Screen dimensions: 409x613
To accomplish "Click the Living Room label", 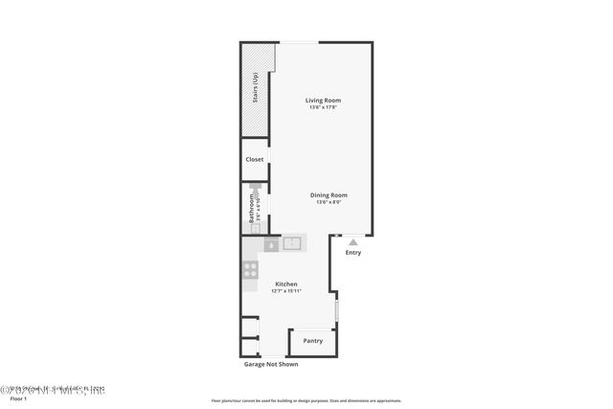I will tap(323, 100).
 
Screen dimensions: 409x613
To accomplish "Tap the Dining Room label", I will tap(329, 194).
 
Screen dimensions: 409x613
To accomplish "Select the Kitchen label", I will tap(286, 284).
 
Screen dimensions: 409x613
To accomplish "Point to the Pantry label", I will tap(312, 340).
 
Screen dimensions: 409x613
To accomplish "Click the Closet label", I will tap(255, 159).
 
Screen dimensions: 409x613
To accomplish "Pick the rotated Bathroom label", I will tap(252, 208).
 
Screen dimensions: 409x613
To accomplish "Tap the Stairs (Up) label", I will tap(255, 87).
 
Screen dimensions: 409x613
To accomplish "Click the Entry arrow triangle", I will tap(353, 241).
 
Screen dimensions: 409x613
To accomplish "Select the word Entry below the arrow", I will tap(353, 253).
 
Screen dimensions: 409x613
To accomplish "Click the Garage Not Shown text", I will tap(270, 365).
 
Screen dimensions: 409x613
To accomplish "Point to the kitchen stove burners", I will tap(251, 269).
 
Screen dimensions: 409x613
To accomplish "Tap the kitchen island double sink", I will tap(292, 244).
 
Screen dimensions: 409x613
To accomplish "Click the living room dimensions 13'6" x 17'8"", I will tap(323, 107).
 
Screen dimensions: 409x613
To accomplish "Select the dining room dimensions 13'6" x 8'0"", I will tap(329, 202).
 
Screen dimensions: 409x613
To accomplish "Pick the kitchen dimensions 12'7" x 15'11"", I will tap(286, 291).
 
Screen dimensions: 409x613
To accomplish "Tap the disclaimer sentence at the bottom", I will tap(306, 400).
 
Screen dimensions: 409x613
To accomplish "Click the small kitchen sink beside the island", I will tap(272, 245).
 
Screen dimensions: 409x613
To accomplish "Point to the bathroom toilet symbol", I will tap(256, 191).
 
